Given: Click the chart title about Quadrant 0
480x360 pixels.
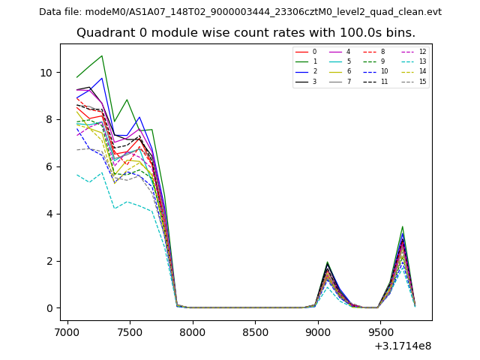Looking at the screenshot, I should point(245,33).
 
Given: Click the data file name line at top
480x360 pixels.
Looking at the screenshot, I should point(240,12).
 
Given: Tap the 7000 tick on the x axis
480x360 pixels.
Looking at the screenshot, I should point(67,331).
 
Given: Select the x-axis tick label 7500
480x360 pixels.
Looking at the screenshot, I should point(130,331).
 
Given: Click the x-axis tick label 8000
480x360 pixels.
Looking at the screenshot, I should point(193,331).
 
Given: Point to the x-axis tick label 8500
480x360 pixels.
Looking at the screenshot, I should point(255,331).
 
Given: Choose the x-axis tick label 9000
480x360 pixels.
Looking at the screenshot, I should point(318,331).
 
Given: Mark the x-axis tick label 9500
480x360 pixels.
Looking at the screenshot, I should point(380,331).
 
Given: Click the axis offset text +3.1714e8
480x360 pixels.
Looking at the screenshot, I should point(402,346).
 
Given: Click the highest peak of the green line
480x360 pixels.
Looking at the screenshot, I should point(102,55).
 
